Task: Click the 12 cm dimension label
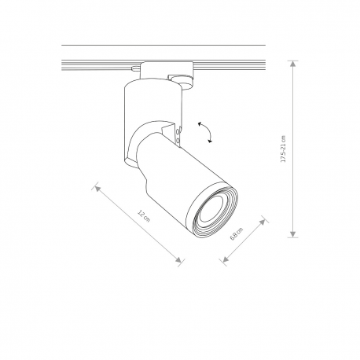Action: (144, 216)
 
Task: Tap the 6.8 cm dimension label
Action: (237, 233)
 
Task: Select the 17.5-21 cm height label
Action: (283, 149)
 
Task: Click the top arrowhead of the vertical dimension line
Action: (293, 64)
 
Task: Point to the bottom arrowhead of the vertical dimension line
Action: (293, 234)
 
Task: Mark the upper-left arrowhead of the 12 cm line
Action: (97, 188)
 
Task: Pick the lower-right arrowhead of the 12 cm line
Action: (178, 259)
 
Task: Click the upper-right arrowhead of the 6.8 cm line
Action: (263, 222)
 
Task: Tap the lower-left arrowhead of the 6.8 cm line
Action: (226, 259)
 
